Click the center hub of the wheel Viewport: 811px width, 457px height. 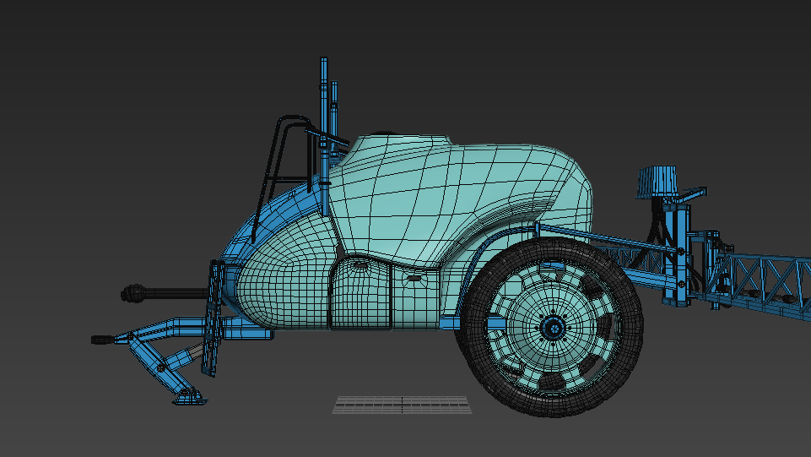pyautogui.click(x=553, y=327)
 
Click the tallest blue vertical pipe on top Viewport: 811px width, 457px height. pyautogui.click(x=323, y=93)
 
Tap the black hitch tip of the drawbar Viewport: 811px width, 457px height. pyautogui.click(x=102, y=340)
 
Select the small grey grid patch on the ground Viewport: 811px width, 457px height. pyautogui.click(x=402, y=405)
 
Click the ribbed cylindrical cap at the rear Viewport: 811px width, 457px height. pyautogui.click(x=657, y=180)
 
